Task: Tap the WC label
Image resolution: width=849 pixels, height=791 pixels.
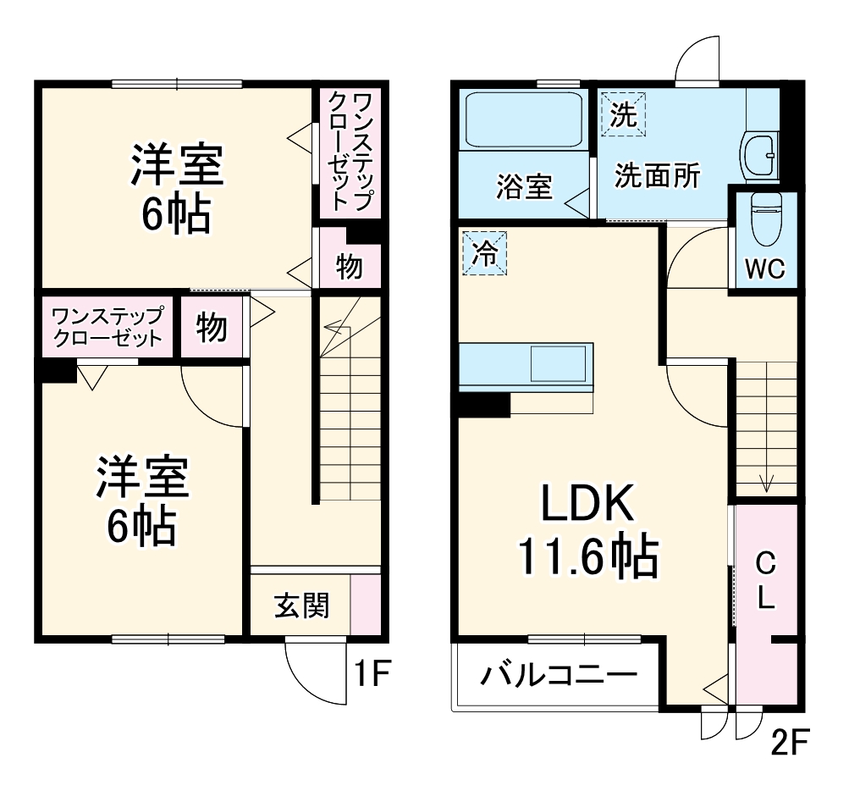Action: pyautogui.click(x=764, y=268)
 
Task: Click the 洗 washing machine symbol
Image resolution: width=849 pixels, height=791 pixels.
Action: pyautogui.click(x=623, y=114)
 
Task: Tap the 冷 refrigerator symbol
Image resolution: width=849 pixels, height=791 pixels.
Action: pyautogui.click(x=484, y=253)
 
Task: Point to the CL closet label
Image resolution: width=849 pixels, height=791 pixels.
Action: pyautogui.click(x=765, y=580)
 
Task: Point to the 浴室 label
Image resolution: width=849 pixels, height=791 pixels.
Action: pyautogui.click(x=524, y=187)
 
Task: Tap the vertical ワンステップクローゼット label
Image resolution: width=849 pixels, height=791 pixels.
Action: pyautogui.click(x=350, y=152)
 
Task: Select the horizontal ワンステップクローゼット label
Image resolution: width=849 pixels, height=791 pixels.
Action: pyautogui.click(x=107, y=326)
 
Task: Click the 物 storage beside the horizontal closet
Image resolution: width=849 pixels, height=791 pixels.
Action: pyautogui.click(x=212, y=326)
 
